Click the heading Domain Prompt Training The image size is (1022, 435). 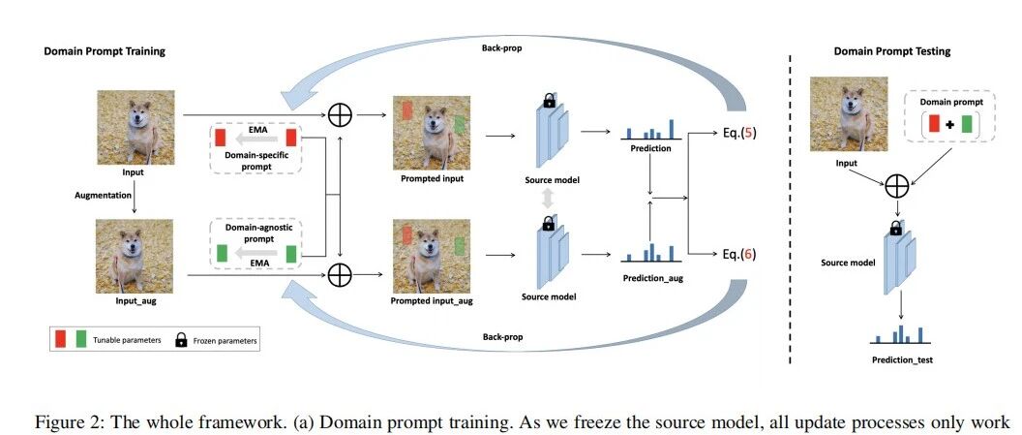105,51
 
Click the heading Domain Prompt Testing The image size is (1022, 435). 891,51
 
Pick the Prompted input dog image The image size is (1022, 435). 431,133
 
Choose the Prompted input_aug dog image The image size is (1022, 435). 431,258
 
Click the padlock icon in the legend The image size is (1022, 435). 181,339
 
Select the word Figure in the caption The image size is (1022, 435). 60,422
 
